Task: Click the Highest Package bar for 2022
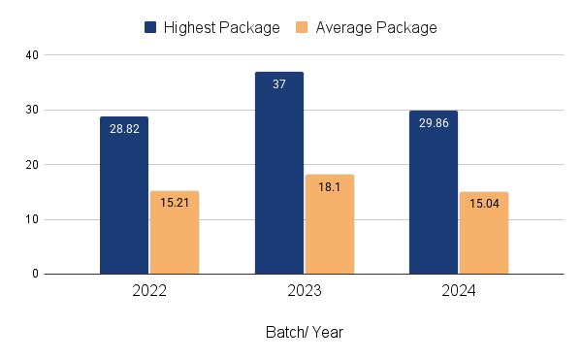click(124, 195)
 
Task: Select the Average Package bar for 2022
click(175, 232)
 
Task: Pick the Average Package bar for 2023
click(330, 224)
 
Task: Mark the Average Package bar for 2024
click(484, 233)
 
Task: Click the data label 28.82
click(124, 128)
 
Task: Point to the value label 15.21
click(175, 203)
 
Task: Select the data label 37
click(279, 84)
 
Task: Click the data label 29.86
click(434, 123)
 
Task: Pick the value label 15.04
click(484, 204)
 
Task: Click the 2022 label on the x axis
click(149, 291)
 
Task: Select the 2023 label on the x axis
click(305, 291)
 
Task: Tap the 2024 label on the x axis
click(459, 291)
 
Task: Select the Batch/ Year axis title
click(304, 332)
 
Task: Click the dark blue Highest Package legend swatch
click(152, 27)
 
